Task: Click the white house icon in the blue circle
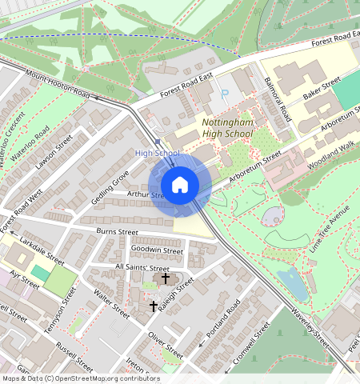pyautogui.click(x=180, y=185)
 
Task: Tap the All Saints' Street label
pyautogui.click(x=142, y=267)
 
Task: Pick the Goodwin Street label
pyautogui.click(x=157, y=250)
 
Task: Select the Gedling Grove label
pyautogui.click(x=110, y=186)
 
